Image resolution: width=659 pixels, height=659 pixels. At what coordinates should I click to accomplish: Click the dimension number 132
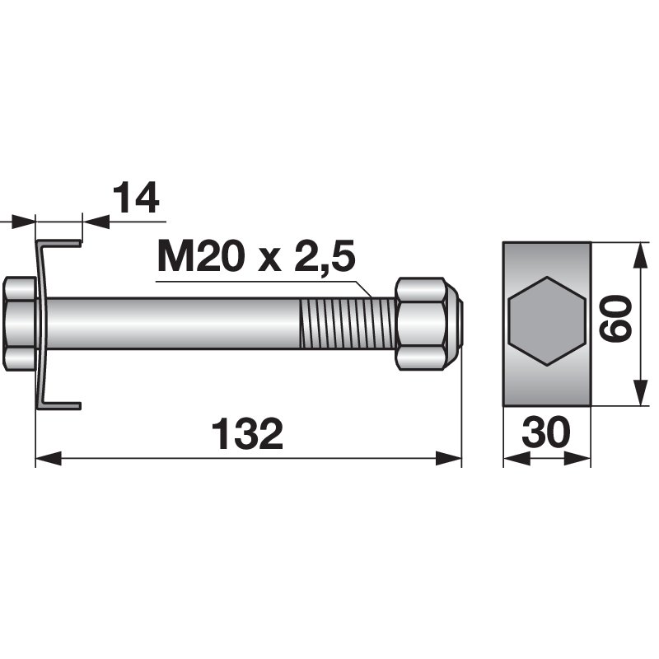click(x=247, y=433)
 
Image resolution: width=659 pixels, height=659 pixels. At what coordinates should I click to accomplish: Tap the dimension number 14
click(x=135, y=200)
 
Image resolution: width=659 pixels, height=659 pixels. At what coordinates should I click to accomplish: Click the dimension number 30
click(x=546, y=433)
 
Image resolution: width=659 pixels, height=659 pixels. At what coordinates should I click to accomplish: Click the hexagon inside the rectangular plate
click(x=546, y=322)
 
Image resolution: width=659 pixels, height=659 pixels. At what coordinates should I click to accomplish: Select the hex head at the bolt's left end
click(x=20, y=323)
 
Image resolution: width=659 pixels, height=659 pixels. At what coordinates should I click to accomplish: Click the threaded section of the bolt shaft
click(x=347, y=324)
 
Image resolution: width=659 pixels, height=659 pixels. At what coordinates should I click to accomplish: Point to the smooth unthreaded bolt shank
click(x=173, y=324)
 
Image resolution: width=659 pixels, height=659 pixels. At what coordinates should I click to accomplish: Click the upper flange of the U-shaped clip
click(x=61, y=243)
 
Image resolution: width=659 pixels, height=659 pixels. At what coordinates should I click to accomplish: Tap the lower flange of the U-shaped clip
click(x=61, y=404)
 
